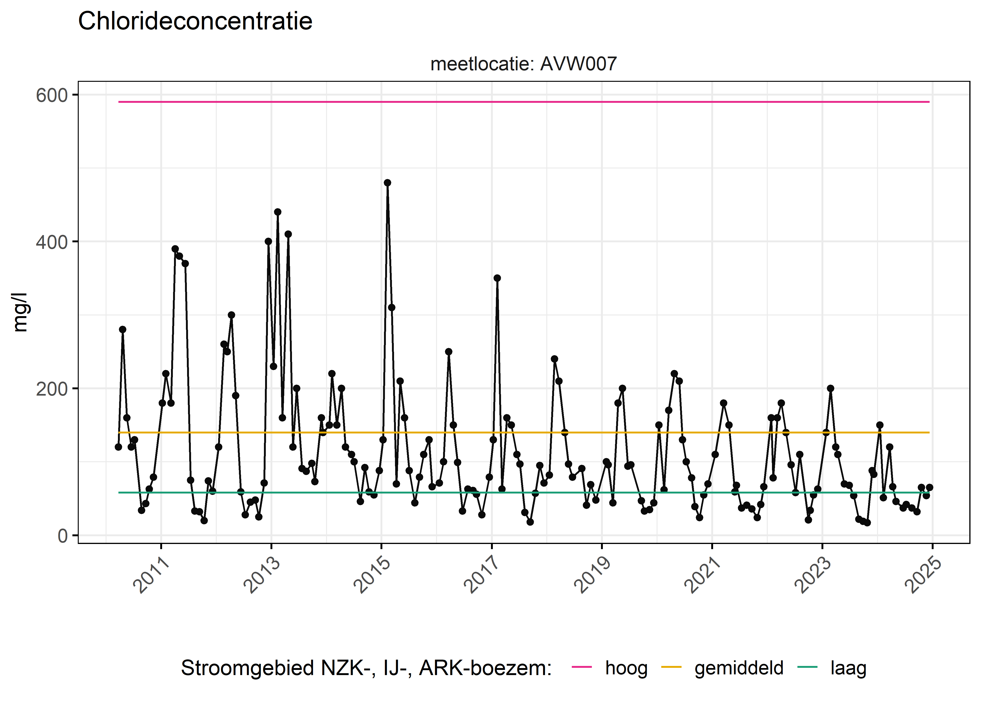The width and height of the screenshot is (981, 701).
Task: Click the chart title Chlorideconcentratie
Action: (195, 21)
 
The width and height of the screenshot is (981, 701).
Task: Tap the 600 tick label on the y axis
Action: (52, 95)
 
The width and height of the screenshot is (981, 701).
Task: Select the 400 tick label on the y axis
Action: (52, 242)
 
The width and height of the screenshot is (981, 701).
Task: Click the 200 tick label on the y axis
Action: (52, 389)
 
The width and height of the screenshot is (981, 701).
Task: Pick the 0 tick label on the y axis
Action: (63, 536)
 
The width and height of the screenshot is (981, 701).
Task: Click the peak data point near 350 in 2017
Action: (497, 278)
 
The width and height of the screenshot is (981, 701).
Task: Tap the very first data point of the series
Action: (118, 447)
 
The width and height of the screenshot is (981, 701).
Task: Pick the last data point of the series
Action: (929, 487)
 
